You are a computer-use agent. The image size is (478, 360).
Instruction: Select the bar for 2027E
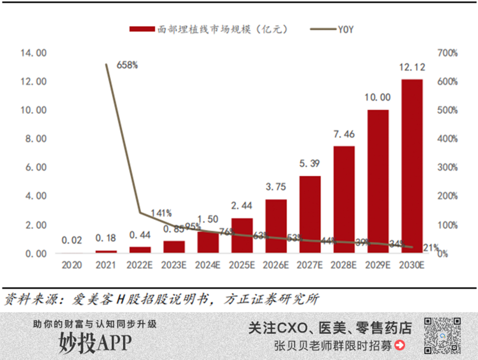point(310,215)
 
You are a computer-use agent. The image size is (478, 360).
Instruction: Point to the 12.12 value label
point(412,67)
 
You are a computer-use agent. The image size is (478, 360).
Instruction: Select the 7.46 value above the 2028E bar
point(344,134)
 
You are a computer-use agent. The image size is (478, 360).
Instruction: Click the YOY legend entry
point(333,30)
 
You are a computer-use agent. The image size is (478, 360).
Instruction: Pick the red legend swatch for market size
point(141,30)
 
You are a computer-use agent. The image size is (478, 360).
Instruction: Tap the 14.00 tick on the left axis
point(33,53)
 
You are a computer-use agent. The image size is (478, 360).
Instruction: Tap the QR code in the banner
point(443,335)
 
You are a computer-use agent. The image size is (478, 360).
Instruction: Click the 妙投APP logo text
point(96,343)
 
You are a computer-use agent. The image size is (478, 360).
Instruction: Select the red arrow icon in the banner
point(400,345)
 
